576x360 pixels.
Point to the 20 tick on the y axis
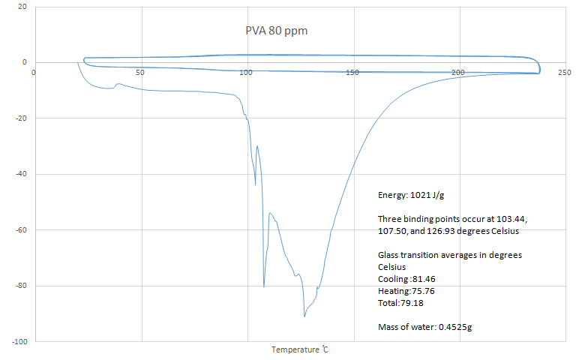[22, 7]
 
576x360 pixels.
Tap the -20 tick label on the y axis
[20, 118]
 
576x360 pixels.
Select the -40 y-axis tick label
[20, 174]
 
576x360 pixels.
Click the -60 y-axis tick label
[20, 229]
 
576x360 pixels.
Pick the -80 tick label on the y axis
[20, 286]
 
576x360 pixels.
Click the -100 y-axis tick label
[19, 341]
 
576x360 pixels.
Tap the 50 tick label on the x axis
[139, 72]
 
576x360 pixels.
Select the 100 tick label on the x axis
[246, 72]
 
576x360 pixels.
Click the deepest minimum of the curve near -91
[304, 316]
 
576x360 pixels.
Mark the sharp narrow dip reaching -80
[264, 286]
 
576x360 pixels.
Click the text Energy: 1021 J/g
[411, 195]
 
